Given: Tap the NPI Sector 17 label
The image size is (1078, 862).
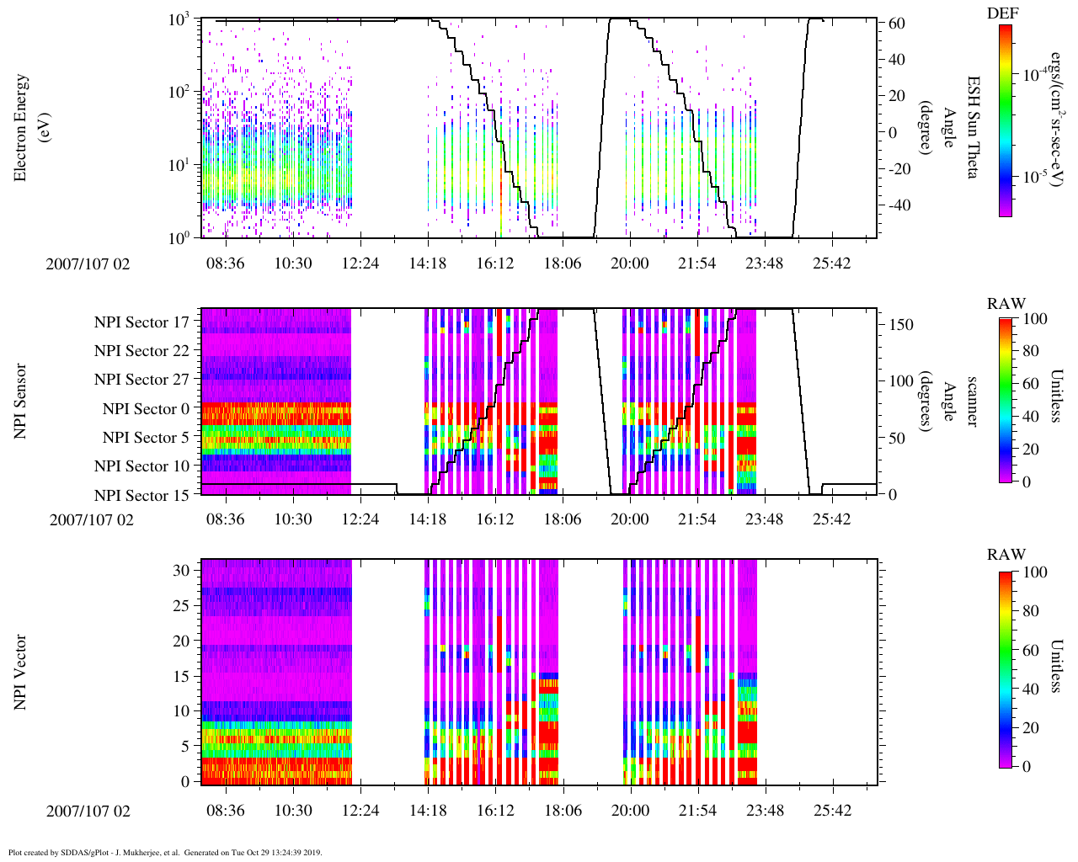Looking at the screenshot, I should [141, 322].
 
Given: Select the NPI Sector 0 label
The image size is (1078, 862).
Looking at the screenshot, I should [146, 409].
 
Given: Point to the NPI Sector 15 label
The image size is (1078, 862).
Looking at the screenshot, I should [141, 496].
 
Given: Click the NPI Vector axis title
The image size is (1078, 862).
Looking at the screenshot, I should [21, 672].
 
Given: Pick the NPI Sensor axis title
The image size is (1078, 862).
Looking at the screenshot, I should [21, 401].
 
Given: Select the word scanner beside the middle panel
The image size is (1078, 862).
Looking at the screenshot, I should [972, 402].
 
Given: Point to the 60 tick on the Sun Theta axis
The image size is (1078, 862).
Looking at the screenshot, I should [896, 24].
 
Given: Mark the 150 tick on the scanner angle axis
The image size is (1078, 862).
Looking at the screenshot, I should [901, 325].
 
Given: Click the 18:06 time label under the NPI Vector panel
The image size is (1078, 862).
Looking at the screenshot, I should [563, 811].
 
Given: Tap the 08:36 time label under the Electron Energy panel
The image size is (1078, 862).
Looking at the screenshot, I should [226, 263].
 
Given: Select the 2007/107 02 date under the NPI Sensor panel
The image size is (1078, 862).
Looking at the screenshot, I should [92, 519].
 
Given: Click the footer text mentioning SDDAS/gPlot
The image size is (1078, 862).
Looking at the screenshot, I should [165, 852].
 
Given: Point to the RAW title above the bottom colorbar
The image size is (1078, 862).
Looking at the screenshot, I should [1006, 555].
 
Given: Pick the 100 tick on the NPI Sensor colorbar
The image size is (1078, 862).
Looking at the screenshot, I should [1034, 319].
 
